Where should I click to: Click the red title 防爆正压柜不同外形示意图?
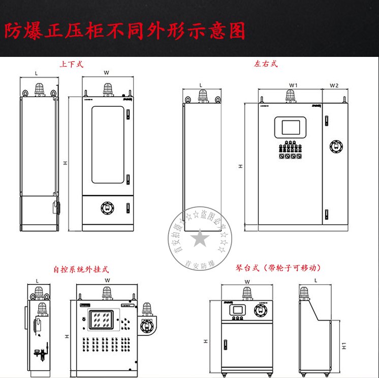[125, 31]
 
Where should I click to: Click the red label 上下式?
[71, 65]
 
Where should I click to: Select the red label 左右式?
[266, 65]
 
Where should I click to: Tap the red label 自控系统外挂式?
[81, 270]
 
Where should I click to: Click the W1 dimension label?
[293, 85]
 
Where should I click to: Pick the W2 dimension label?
[334, 85]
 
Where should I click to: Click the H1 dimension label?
[344, 345]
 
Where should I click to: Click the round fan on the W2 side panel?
[336, 146]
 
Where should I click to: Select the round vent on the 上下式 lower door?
[107, 207]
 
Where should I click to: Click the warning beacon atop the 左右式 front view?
[291, 95]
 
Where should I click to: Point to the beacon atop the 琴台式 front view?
[247, 293]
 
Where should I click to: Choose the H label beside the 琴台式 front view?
[206, 342]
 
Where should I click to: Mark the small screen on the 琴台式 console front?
[237, 310]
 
